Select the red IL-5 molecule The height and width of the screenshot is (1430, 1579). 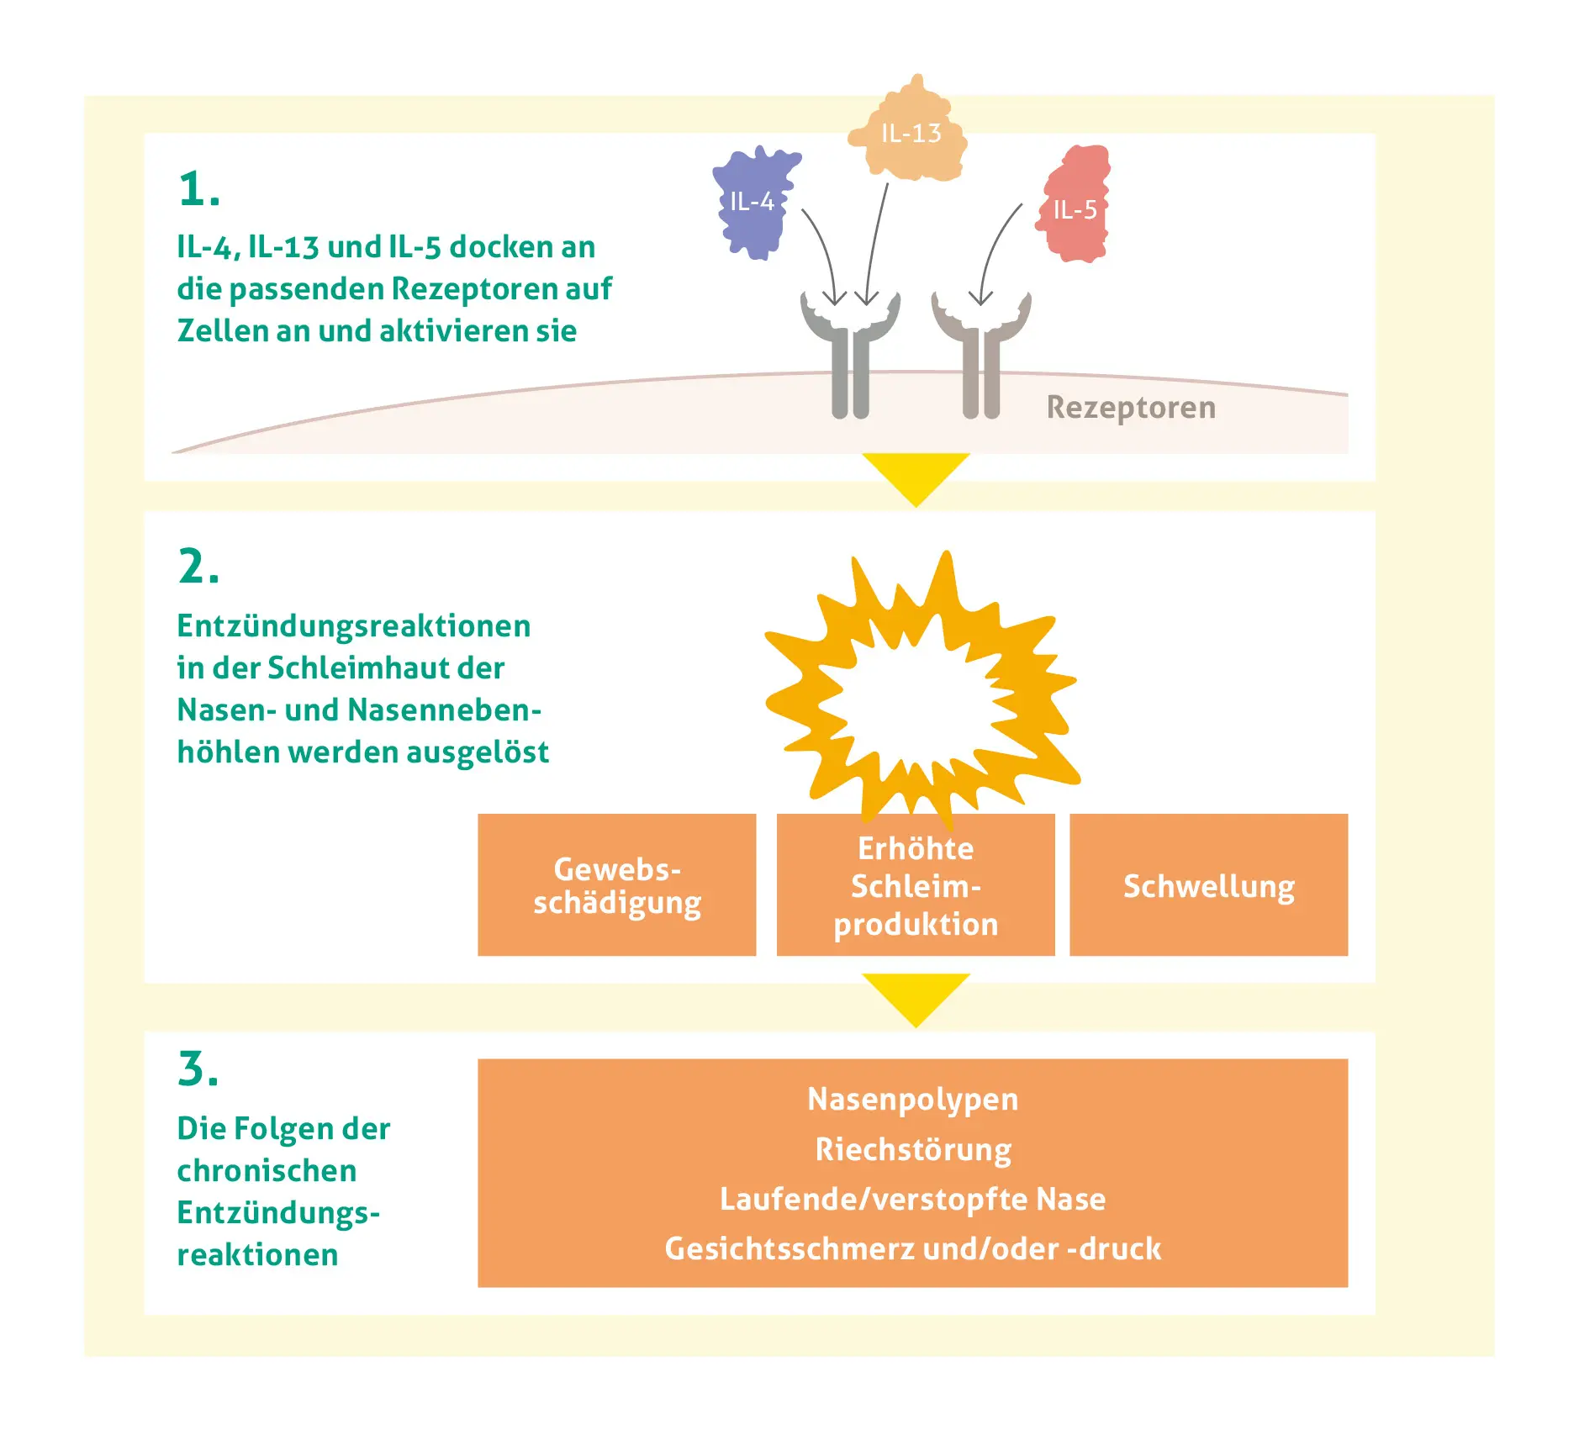coord(1075,206)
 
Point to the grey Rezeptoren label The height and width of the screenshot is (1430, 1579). coord(1131,407)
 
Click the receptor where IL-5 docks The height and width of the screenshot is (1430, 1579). coord(980,353)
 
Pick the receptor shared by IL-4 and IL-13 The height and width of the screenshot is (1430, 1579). coord(850,353)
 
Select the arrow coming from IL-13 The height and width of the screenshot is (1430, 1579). coord(876,244)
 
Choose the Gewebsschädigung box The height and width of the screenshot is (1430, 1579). coord(616,884)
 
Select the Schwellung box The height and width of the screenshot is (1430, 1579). coord(1208,885)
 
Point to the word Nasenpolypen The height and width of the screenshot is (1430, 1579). coord(912,1099)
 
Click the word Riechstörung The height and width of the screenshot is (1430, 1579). coord(913,1149)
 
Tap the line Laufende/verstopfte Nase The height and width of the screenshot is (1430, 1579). coord(912,1199)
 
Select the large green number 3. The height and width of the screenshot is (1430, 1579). coord(198,1069)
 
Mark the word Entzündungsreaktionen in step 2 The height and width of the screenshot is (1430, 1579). coord(353,626)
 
